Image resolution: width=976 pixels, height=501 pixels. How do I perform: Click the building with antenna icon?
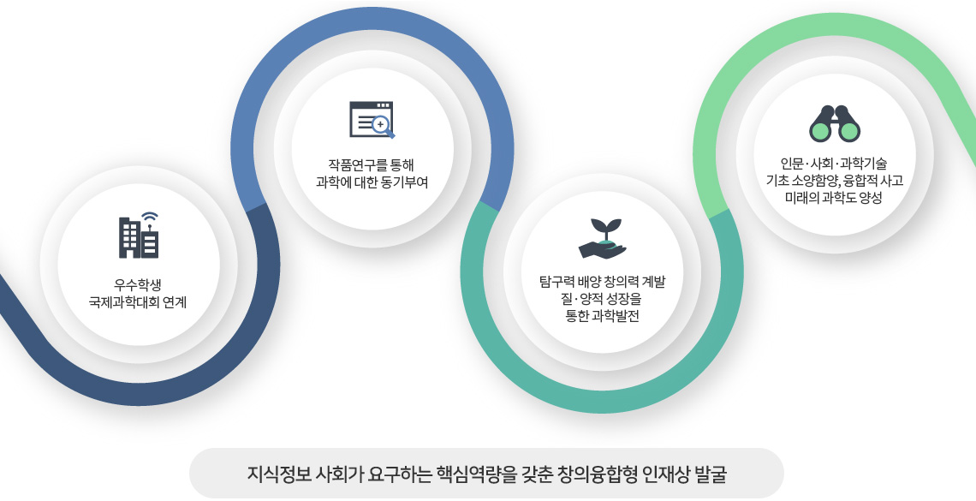pos(139,236)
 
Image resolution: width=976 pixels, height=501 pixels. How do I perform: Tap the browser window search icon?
pos(372,120)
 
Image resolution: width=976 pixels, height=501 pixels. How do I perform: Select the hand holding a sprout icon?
pos(602,238)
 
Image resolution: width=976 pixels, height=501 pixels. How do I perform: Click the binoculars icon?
pos(835,124)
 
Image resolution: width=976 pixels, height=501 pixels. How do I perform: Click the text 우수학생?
pos(138,286)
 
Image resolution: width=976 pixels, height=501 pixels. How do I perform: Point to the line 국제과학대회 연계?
pos(138,303)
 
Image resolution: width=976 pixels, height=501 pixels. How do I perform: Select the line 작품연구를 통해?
pos(371,165)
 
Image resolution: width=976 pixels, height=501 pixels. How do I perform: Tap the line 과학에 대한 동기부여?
pos(372,182)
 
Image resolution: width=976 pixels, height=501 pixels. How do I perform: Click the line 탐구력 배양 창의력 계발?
pos(602,282)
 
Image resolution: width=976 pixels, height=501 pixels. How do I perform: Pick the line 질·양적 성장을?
pos(601,299)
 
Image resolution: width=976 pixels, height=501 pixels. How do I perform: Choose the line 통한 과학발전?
pos(602,316)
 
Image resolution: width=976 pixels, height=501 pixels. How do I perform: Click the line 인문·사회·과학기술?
pos(834,164)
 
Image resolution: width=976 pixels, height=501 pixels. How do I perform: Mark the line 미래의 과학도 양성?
pos(834,198)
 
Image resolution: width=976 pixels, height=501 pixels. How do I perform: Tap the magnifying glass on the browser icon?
pos(383,127)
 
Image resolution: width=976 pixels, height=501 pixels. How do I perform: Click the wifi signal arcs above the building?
pos(149,218)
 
